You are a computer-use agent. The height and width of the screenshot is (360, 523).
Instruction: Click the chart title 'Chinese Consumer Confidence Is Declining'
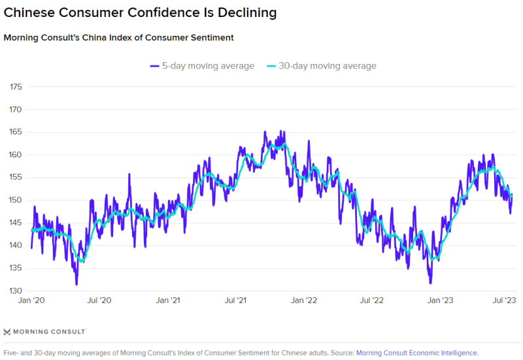pos(140,13)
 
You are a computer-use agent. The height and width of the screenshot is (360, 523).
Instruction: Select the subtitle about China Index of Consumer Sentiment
pos(119,38)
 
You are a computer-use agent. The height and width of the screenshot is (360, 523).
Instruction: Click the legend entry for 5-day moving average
pos(202,66)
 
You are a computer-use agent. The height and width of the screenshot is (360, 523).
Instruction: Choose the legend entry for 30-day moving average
pos(322,66)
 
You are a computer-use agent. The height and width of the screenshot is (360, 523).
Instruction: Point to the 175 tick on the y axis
pos(16,87)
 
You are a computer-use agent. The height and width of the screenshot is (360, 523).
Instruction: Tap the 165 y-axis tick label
pos(16,132)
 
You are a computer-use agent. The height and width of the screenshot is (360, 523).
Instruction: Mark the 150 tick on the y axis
pos(16,200)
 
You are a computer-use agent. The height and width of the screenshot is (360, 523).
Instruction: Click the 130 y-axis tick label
pos(16,291)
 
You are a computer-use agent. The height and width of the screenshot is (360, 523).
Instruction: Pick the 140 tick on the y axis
pos(16,246)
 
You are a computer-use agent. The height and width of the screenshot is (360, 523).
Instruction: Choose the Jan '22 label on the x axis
pos(304,301)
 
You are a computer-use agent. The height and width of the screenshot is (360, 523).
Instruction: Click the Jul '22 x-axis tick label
pos(372,301)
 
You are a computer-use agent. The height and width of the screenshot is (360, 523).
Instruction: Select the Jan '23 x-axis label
pos(441,301)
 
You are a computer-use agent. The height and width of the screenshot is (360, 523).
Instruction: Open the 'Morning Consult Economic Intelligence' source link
pos(417,353)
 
